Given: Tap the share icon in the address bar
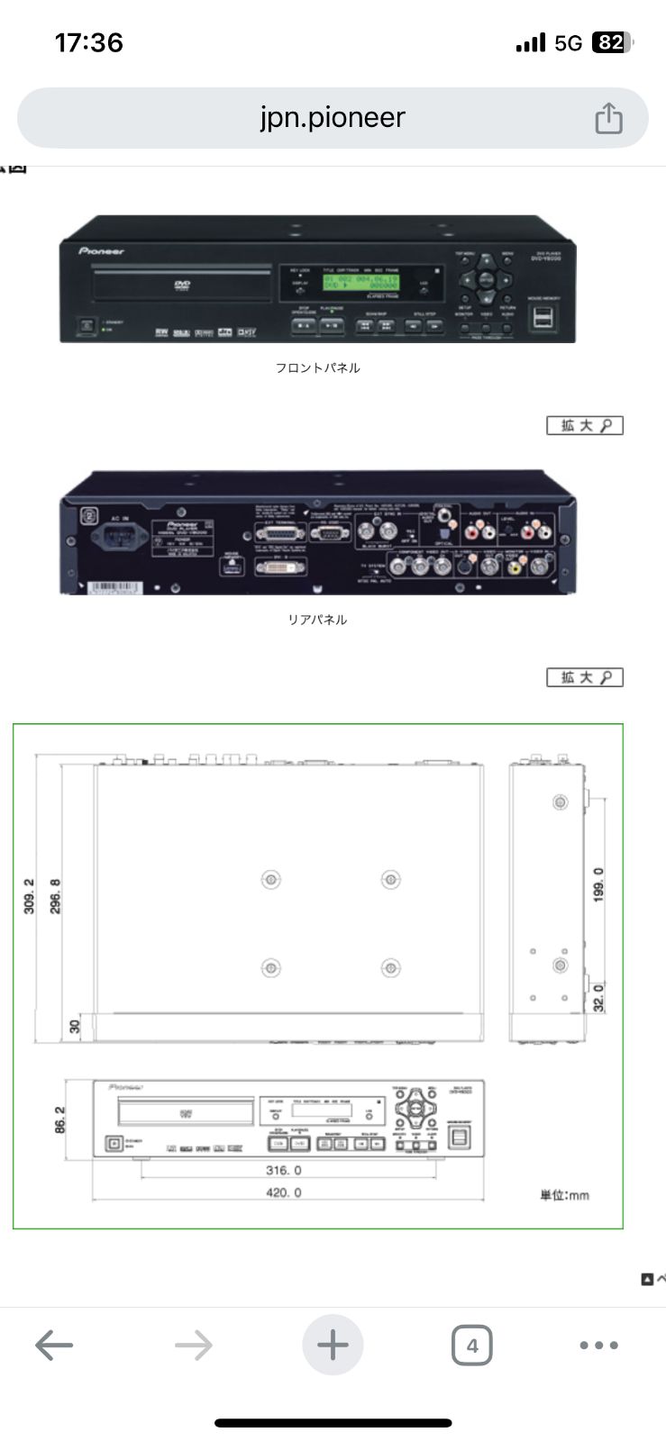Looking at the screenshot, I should click(608, 118).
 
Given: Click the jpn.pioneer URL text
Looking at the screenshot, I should click(333, 117).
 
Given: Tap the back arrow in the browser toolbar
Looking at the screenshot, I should click(54, 1346).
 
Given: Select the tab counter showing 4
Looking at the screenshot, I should click(471, 1346).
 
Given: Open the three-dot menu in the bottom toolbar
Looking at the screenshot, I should click(598, 1346).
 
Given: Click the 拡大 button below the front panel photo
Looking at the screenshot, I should click(585, 425).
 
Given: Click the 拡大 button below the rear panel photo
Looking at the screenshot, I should click(585, 677).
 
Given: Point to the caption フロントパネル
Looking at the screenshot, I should click(317, 367).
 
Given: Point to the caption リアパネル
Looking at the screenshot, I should click(317, 620).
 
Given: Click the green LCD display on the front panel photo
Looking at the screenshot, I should click(360, 283).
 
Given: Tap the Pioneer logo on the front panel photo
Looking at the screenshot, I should click(101, 251).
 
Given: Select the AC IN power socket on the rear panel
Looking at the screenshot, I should click(120, 541).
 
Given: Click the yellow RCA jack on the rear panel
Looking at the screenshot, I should click(514, 566).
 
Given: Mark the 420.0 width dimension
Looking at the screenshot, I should click(284, 1192).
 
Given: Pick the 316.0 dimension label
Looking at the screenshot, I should click(284, 1170).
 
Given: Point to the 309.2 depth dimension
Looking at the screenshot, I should click(29, 896).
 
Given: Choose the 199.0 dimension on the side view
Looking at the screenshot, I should click(599, 885).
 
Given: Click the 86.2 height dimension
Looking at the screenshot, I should click(59, 1120).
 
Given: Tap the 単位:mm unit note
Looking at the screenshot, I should click(564, 1195).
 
